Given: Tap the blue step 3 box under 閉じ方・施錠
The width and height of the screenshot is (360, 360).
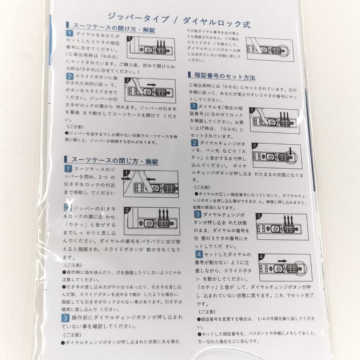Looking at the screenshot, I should pos(66,317).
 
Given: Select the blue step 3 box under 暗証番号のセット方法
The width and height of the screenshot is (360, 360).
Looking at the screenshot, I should pos(198,214).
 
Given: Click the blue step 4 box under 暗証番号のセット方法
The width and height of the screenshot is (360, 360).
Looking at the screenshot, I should pos(199,254).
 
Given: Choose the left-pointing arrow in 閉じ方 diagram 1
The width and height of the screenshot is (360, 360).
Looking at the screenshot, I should pos(151,179).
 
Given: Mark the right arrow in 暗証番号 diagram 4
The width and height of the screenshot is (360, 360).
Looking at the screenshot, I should pos(282,261).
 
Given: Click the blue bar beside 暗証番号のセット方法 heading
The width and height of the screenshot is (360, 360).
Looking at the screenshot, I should pos(189,75).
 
